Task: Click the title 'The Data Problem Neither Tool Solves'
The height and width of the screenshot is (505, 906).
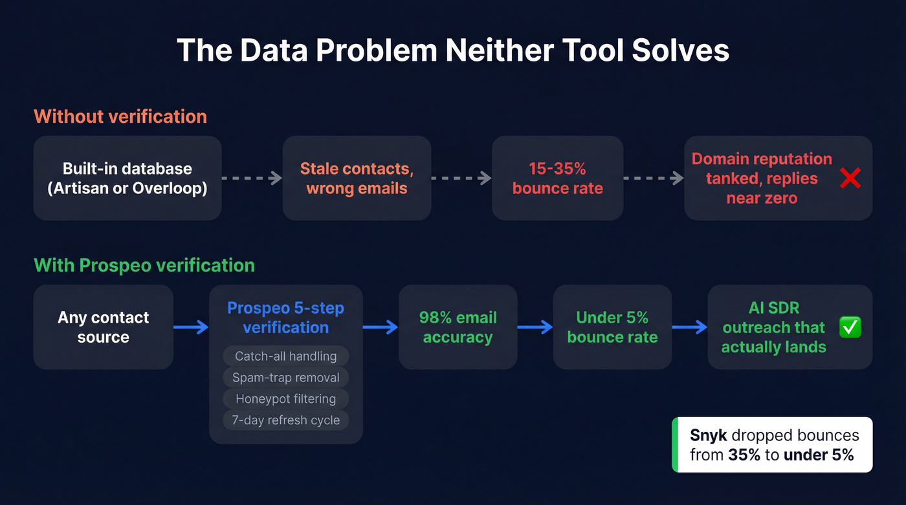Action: point(453,50)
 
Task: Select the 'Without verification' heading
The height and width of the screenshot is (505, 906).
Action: point(120,116)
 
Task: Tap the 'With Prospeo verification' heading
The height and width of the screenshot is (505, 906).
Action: point(144,265)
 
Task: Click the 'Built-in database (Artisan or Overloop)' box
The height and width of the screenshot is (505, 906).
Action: point(127,178)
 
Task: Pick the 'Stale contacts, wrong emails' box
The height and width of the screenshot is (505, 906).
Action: point(357,178)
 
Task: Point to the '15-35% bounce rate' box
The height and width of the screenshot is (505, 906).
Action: point(557,178)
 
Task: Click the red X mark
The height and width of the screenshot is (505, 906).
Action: point(850,178)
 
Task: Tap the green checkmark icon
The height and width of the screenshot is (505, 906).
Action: point(850,327)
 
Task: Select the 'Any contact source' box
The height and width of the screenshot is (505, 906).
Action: point(103,327)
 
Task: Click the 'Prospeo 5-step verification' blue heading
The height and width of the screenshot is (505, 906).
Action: point(285,317)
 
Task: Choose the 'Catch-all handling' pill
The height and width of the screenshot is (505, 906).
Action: point(285,356)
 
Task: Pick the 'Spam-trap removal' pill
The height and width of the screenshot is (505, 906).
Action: point(285,378)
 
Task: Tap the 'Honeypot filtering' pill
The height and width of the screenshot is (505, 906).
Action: point(285,399)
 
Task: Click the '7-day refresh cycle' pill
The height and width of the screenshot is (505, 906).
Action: point(285,420)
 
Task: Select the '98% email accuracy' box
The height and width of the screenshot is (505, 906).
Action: point(458,327)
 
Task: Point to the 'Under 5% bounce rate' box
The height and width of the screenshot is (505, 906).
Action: point(612,327)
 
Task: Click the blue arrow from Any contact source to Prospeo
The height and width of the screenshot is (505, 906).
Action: point(191,327)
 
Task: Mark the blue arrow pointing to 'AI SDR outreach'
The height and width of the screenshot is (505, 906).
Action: point(690,327)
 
